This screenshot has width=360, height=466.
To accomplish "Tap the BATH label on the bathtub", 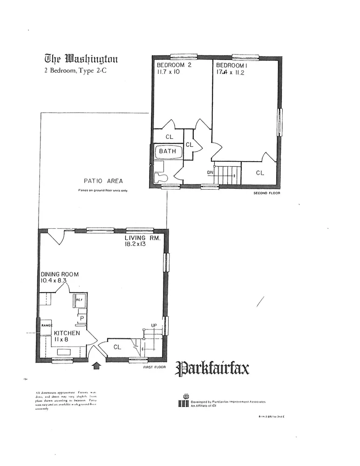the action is pos(168,151).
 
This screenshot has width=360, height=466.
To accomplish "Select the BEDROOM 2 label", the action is pos(174,65).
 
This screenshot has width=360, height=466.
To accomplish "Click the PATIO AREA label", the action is pos(103,181).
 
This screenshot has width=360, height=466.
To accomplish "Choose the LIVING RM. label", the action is pos(142,238).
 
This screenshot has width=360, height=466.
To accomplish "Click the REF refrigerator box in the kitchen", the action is pos(80,301).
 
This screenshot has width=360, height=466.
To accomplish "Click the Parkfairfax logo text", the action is pos(212,369).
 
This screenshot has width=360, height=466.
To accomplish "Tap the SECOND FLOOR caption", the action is pos(266,193).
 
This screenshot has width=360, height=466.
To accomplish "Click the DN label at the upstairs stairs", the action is pos(211,173).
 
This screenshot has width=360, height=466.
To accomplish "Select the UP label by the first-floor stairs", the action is pos(154,325).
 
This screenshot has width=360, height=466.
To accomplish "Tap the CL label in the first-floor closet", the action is pos(117,347).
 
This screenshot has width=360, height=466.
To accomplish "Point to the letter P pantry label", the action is pos(82,319).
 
